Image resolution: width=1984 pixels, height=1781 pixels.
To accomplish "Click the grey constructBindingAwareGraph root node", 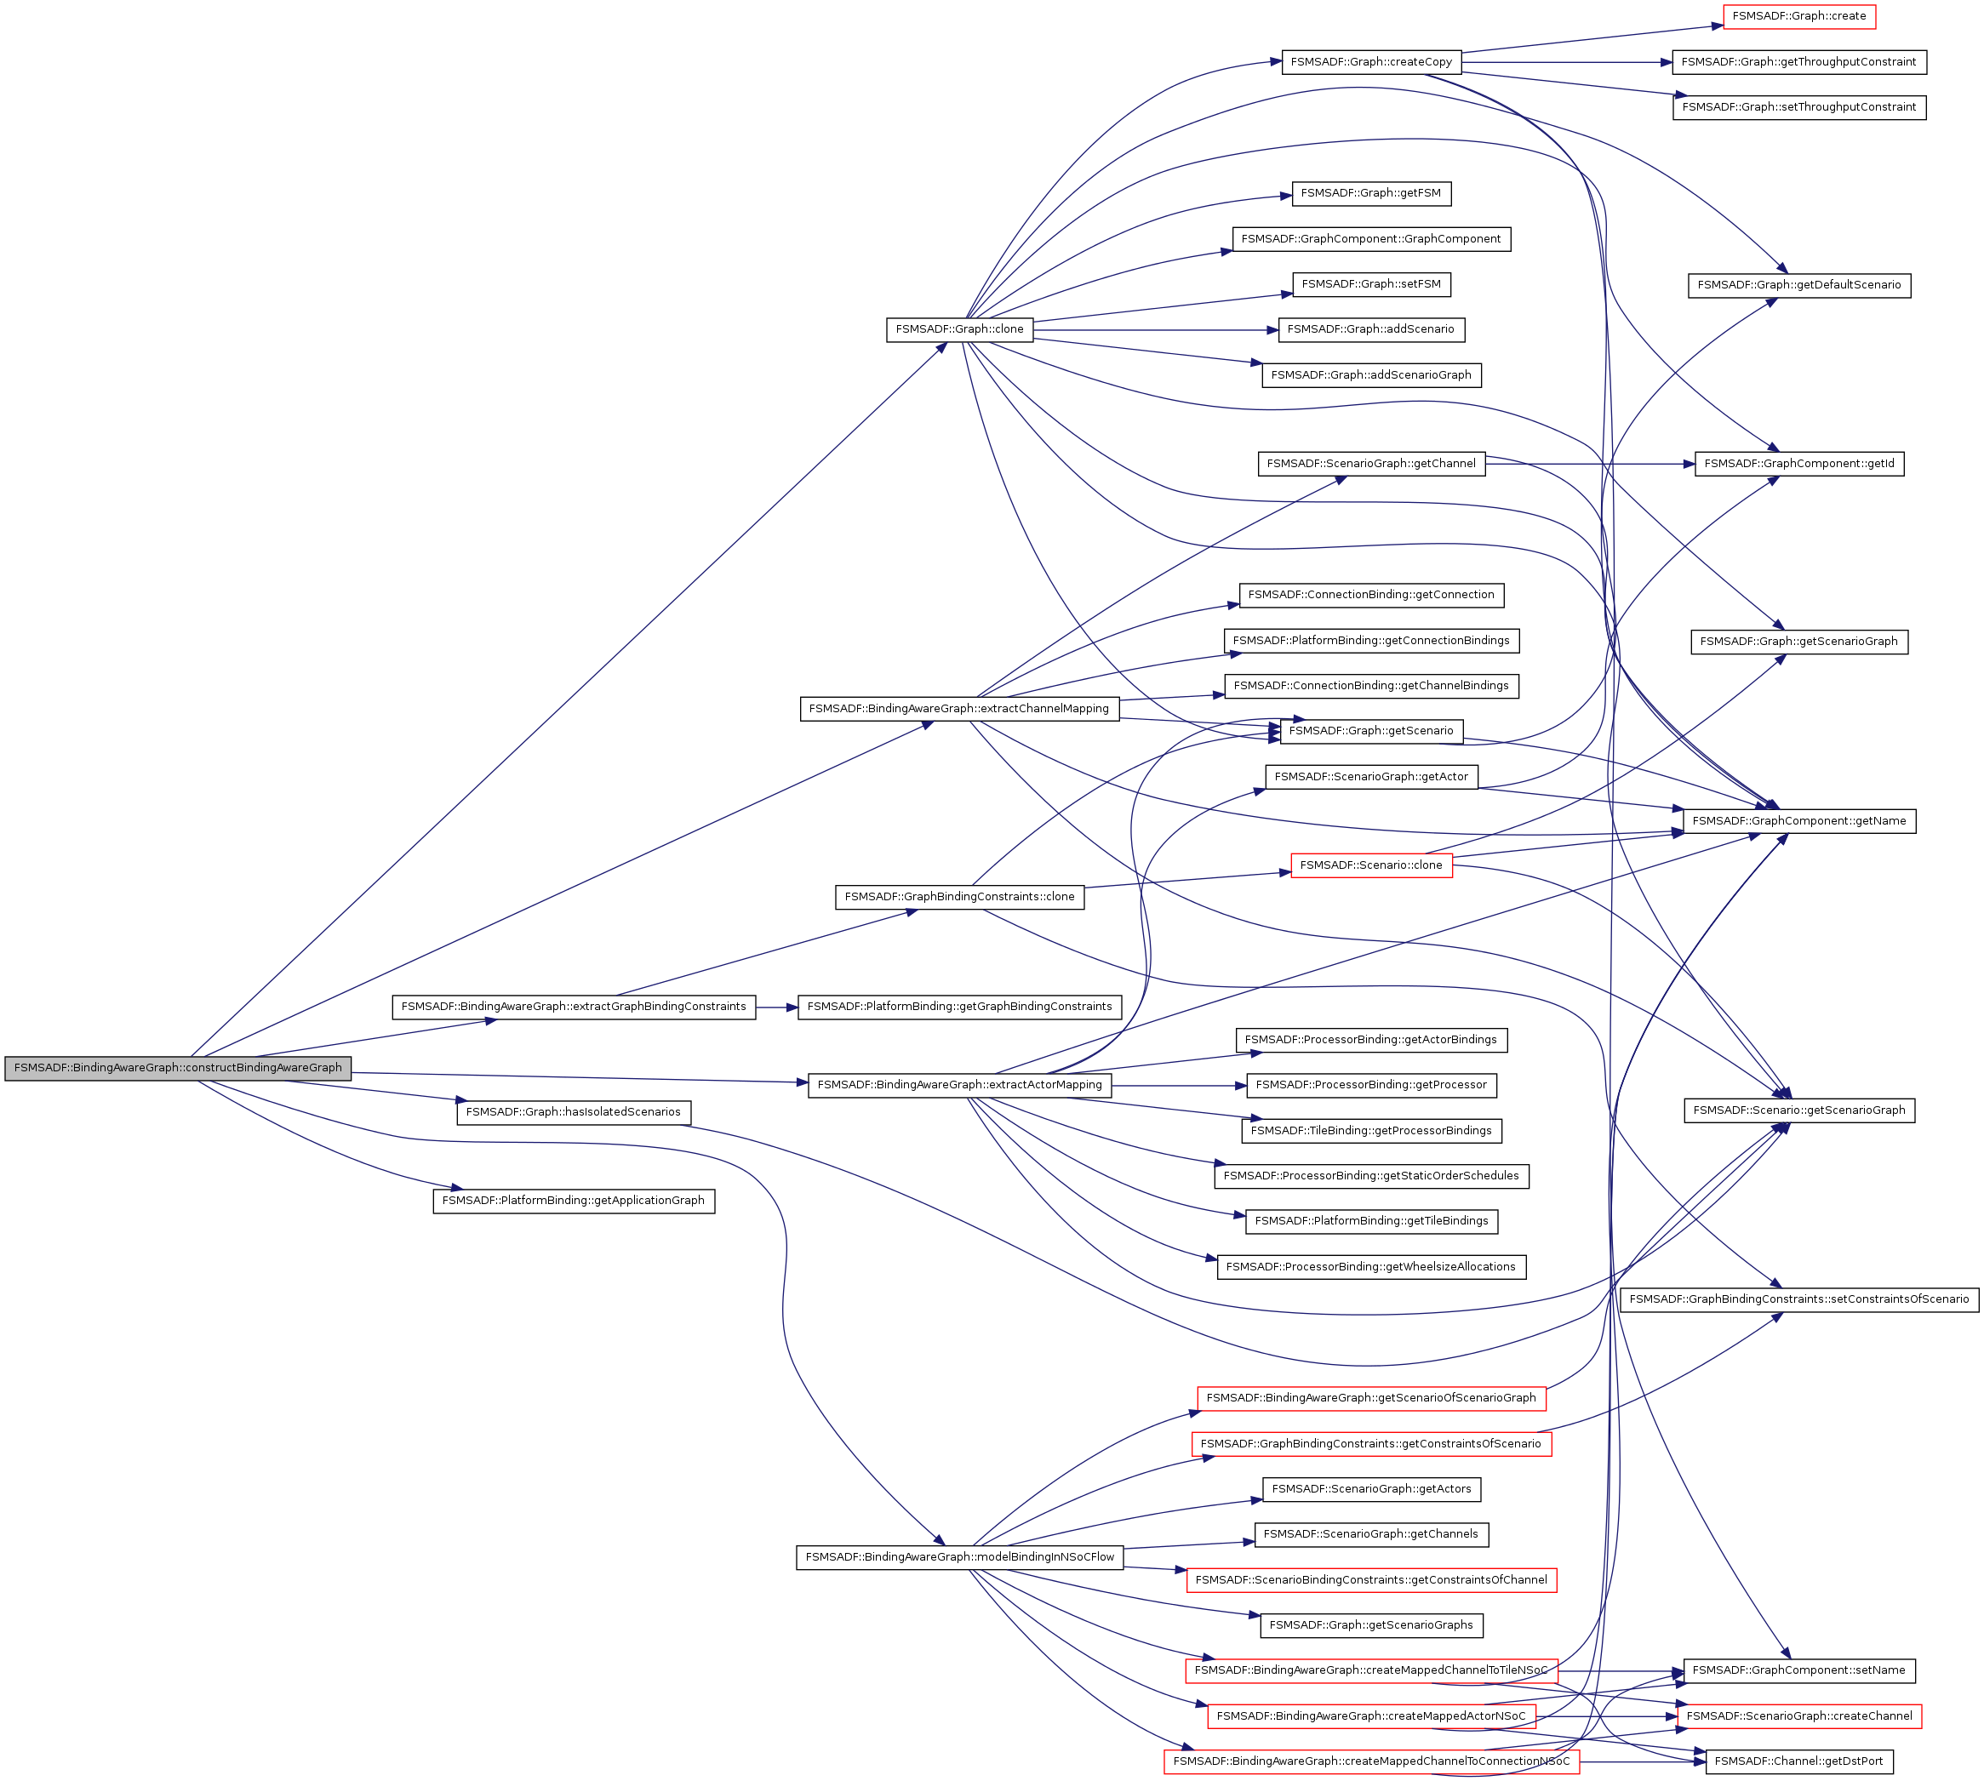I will point(177,1068).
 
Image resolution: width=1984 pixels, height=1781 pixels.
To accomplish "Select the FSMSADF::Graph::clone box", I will point(958,330).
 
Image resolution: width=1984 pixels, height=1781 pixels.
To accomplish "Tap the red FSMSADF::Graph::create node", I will point(1798,17).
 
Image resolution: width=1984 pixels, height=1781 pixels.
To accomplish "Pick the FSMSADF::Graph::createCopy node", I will point(1370,61).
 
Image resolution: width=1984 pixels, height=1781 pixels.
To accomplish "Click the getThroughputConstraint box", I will point(1798,61).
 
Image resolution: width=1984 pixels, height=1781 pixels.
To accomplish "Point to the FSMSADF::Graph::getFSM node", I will point(1370,194).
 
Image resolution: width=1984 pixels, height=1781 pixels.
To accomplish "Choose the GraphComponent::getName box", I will point(1798,821).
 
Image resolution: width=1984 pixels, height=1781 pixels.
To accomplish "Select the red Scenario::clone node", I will point(1370,865).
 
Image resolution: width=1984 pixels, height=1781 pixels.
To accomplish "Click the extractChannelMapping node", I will point(958,709).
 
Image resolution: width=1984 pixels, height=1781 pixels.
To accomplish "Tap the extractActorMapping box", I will point(958,1084).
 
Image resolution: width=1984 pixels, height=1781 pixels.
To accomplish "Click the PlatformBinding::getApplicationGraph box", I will point(573,1200).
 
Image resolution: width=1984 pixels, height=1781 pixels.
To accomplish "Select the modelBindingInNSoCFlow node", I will point(958,1557).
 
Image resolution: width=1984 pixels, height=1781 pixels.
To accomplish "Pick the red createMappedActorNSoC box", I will point(1370,1715).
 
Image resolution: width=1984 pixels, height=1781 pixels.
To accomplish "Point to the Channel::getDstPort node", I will point(1798,1761).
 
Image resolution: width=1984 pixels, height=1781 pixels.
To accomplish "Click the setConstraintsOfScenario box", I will point(1798,1299).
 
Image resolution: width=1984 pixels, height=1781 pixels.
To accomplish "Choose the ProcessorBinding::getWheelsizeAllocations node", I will point(1370,1266).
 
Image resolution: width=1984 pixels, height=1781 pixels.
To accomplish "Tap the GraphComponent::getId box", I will point(1798,464).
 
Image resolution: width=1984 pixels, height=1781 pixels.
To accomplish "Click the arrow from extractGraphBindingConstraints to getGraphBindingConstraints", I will point(776,1007).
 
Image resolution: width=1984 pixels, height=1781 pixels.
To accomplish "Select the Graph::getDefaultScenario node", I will point(1798,285).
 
